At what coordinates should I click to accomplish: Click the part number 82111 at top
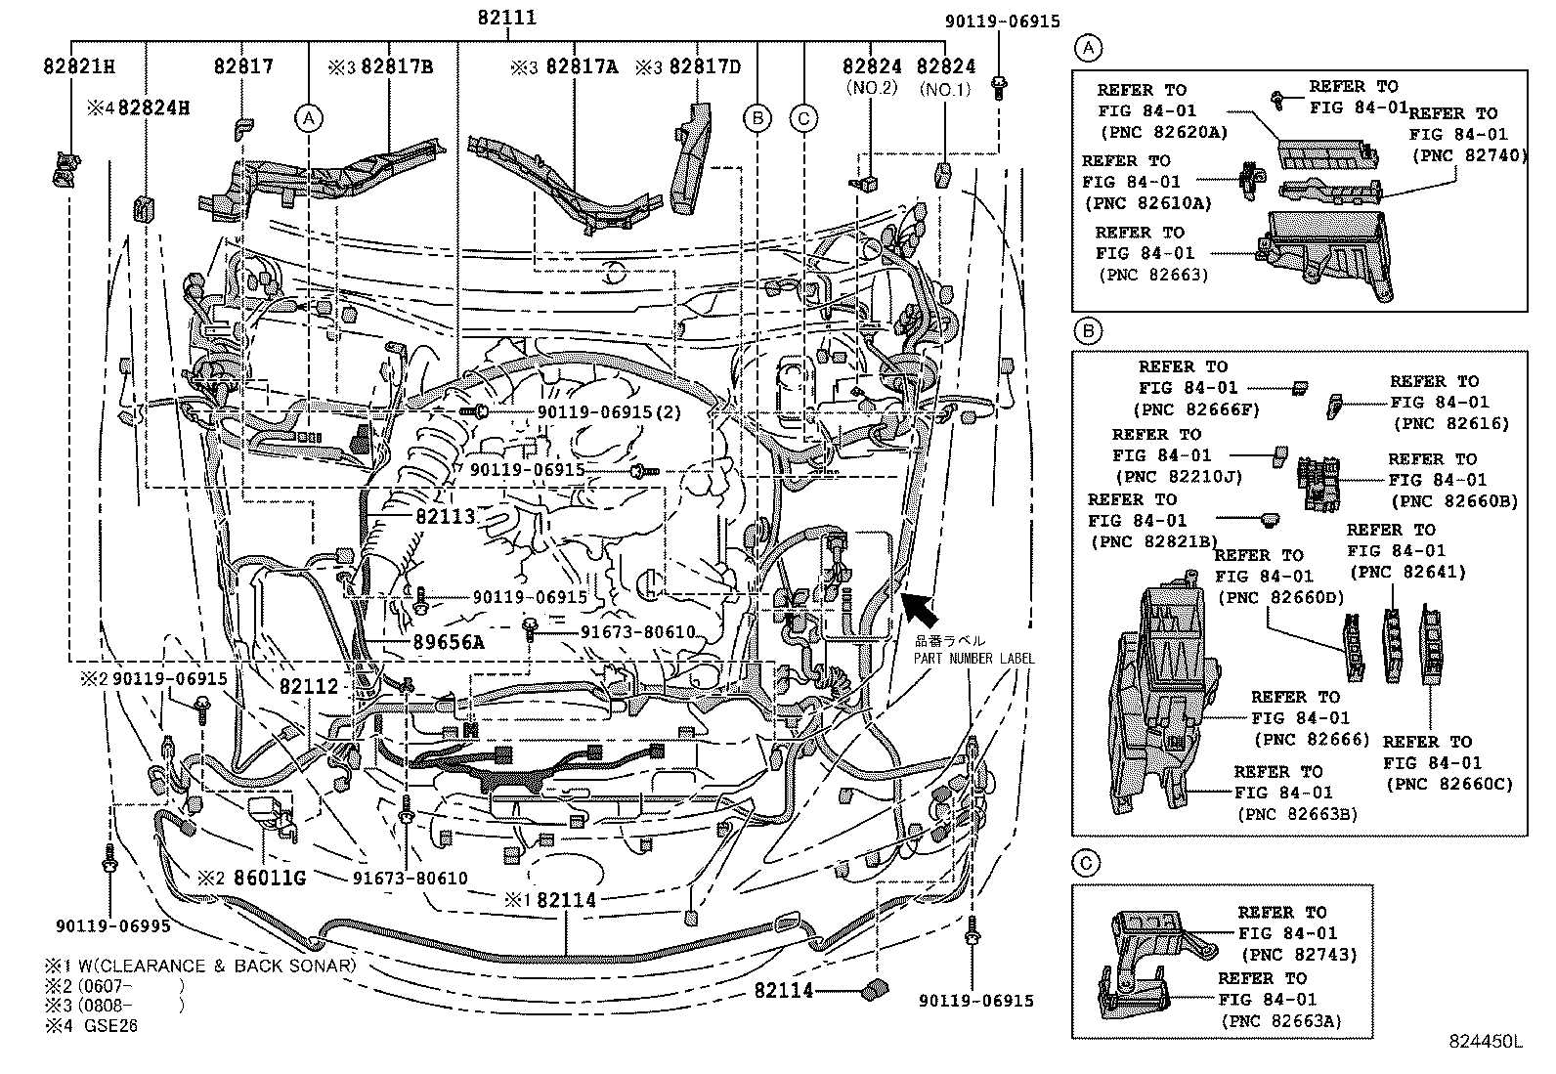pos(507,18)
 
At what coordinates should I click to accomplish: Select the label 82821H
pos(79,66)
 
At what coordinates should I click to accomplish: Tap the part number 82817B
pos(397,66)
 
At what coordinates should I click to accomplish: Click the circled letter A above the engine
pos(308,118)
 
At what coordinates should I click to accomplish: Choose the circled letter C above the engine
pos(802,118)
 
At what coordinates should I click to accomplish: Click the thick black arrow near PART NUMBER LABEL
pos(918,608)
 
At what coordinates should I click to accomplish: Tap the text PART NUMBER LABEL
pos(973,658)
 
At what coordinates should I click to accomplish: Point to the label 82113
pos(444,517)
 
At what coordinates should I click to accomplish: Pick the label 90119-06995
pos(113,925)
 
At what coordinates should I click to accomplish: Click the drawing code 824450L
pos(1486,1042)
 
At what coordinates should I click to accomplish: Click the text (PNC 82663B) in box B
pos(1297,813)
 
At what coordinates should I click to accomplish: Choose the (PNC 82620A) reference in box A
pos(1163,132)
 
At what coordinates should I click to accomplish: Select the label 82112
pos(308,686)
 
